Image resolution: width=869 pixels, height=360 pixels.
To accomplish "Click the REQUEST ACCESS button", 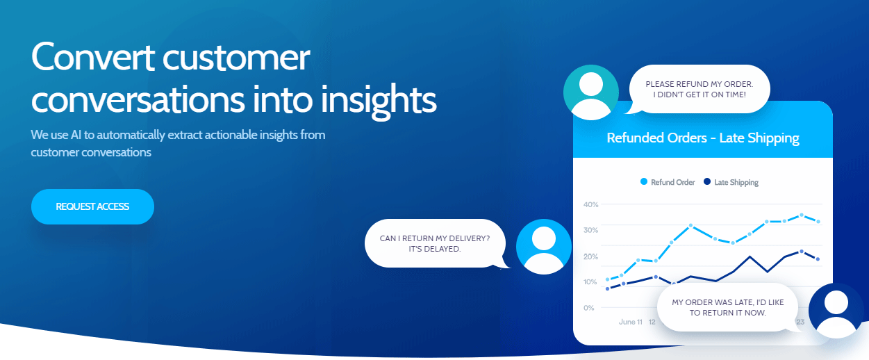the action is pyautogui.click(x=92, y=206).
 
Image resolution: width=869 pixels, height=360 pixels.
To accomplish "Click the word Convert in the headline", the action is pyautogui.click(x=93, y=57).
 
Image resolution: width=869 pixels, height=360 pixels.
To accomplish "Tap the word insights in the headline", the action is pyautogui.click(x=379, y=100).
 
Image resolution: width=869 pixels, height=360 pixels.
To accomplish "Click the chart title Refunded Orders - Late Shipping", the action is pyautogui.click(x=703, y=138).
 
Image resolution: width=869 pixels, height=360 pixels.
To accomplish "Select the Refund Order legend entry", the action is pyautogui.click(x=668, y=182).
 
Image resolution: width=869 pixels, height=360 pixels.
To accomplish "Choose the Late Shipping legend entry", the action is pyautogui.click(x=731, y=182).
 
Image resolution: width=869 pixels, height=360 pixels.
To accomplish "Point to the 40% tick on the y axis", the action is pyautogui.click(x=591, y=204).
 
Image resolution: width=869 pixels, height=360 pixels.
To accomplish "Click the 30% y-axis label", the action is pyautogui.click(x=591, y=230).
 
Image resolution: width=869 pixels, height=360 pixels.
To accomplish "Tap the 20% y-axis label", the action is pyautogui.click(x=591, y=256).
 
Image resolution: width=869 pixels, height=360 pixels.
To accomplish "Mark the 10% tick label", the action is pyautogui.click(x=590, y=282).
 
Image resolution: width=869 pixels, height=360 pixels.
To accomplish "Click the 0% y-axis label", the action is pyautogui.click(x=589, y=308).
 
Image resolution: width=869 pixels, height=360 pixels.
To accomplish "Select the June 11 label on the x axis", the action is pyautogui.click(x=631, y=322).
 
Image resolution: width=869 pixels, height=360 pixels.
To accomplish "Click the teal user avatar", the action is pyautogui.click(x=591, y=92).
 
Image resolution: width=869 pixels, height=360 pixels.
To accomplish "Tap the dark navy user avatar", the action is pyautogui.click(x=836, y=311).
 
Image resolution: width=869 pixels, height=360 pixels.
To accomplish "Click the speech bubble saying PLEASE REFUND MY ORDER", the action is pyautogui.click(x=700, y=89).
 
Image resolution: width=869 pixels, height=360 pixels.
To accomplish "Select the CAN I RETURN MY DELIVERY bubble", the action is pyautogui.click(x=436, y=244).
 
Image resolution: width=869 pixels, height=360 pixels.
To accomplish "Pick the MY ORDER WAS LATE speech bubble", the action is pyautogui.click(x=728, y=307).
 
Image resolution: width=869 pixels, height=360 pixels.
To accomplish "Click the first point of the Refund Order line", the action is pyautogui.click(x=608, y=279).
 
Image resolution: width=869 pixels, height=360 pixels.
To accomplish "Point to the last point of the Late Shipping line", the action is pyautogui.click(x=818, y=259).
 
